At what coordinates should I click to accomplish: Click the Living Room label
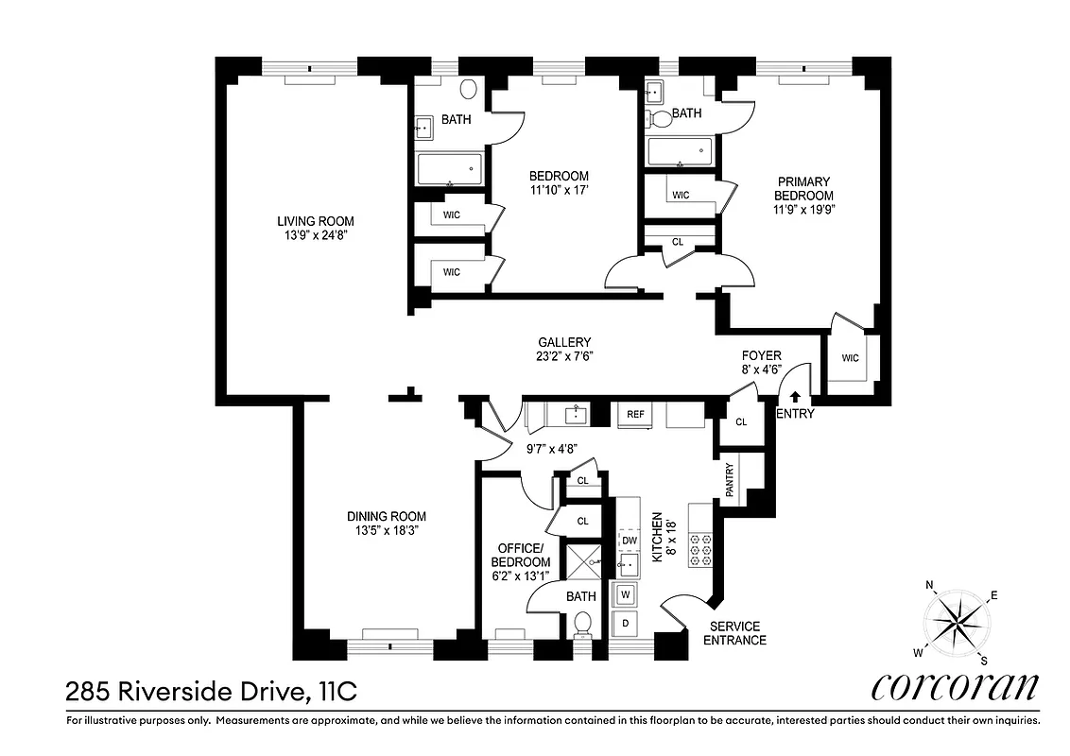tap(309, 220)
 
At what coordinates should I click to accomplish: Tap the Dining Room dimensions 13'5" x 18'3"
tap(386, 531)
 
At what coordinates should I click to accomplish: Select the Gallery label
tap(564, 342)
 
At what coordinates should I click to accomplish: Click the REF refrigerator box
tap(631, 415)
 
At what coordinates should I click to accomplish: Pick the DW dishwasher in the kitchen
tap(629, 540)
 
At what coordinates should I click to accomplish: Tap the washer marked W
tap(625, 594)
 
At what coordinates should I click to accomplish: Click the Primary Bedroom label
tap(803, 195)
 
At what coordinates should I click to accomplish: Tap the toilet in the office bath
tap(583, 625)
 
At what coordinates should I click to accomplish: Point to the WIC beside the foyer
tap(850, 357)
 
